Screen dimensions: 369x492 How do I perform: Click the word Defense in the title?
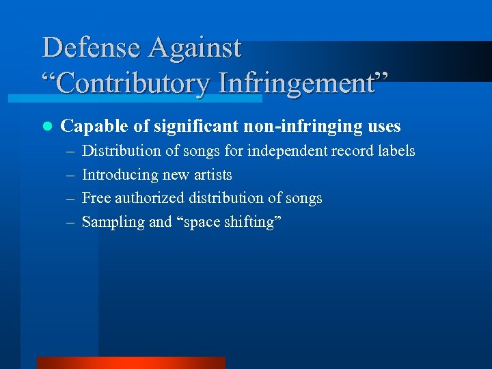coord(91,48)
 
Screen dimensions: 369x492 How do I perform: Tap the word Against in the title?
coord(195,48)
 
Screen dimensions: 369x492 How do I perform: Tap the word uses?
coord(383,126)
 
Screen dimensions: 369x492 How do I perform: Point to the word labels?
coord(396,150)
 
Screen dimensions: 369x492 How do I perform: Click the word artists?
coord(213,174)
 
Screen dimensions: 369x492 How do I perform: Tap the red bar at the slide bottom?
coord(131,362)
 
